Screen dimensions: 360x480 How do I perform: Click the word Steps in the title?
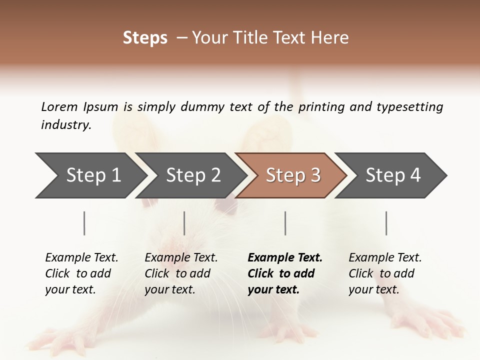coord(145,38)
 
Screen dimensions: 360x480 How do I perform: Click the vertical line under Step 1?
coord(84,223)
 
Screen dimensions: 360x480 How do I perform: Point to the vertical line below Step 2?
coord(184,223)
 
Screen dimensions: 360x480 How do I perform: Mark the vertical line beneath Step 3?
coord(285,223)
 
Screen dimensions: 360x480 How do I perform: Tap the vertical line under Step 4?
coord(386,223)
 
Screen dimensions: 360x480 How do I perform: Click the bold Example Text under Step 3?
coord(285,273)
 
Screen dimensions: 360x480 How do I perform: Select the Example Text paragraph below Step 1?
coord(81,273)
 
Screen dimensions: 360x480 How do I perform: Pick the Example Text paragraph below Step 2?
coord(181,273)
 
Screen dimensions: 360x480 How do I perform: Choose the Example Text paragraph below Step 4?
coord(385,273)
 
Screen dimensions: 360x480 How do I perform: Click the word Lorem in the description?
coord(59,106)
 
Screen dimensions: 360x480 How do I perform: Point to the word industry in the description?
coord(66,124)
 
